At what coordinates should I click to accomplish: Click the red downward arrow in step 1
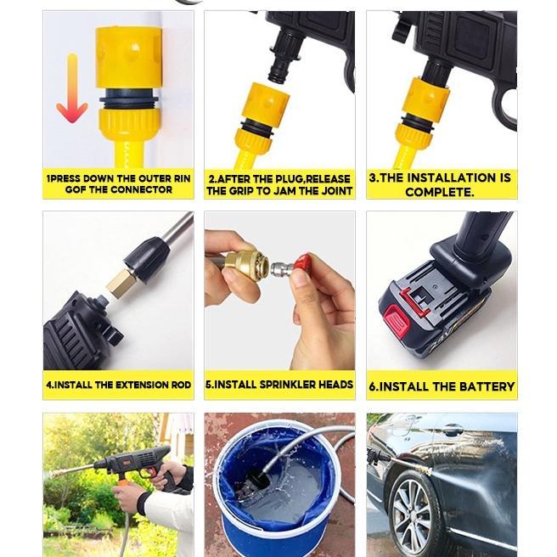click(x=72, y=90)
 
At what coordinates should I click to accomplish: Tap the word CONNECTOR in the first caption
click(x=140, y=190)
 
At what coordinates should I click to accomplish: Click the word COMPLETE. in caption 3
click(x=440, y=192)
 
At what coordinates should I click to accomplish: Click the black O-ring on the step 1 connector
click(x=128, y=100)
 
